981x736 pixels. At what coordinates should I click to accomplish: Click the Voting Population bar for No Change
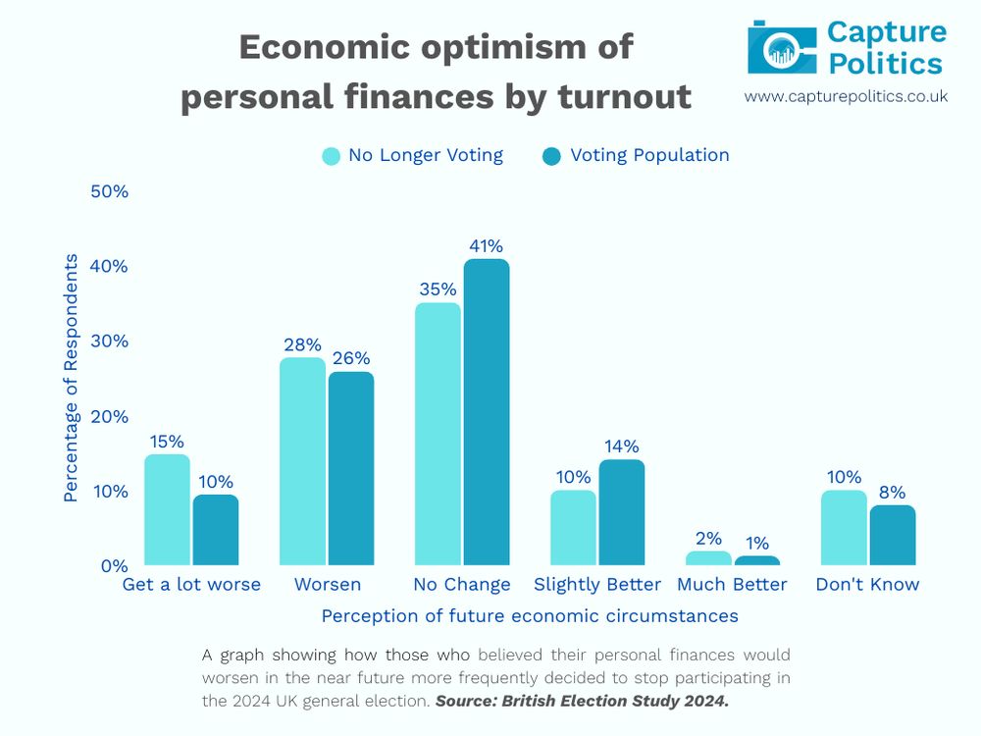[x=487, y=412]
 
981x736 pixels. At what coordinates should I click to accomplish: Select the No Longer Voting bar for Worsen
[x=302, y=461]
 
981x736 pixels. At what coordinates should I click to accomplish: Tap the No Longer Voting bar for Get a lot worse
[x=167, y=510]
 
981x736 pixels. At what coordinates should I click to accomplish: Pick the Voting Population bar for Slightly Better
[x=622, y=512]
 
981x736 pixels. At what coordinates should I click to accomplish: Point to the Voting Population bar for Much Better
[x=757, y=560]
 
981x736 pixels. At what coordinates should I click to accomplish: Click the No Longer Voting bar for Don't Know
[x=844, y=528]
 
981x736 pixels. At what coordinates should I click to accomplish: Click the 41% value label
[x=486, y=245]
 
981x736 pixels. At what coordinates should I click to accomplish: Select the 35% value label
[x=438, y=289]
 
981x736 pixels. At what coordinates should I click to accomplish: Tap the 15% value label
[x=167, y=442]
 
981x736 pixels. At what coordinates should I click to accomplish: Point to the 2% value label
[x=708, y=538]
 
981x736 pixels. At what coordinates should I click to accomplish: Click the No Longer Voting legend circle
[x=332, y=156]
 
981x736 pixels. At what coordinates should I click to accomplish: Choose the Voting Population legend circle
[x=551, y=156]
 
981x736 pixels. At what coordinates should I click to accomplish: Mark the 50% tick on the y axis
[x=110, y=191]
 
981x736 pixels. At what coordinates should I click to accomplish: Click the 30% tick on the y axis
[x=110, y=342]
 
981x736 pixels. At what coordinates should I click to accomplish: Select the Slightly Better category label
[x=597, y=585]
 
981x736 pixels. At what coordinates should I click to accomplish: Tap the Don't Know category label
[x=867, y=585]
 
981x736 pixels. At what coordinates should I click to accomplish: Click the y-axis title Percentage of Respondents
[x=71, y=378]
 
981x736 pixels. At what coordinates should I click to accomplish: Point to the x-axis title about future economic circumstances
[x=530, y=616]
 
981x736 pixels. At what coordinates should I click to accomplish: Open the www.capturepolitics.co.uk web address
[x=846, y=96]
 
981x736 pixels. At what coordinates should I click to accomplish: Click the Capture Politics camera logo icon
[x=782, y=47]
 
